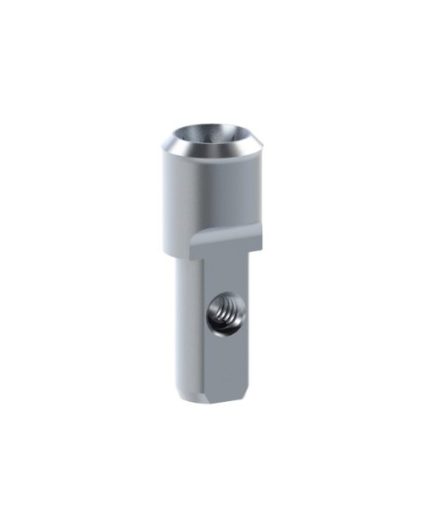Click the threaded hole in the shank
click(222, 317)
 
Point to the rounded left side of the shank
click(187, 331)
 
